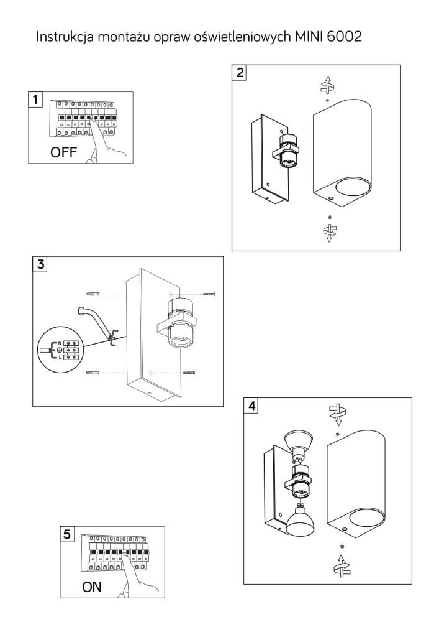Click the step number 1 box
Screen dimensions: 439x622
click(35, 99)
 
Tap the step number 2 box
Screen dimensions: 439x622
click(240, 73)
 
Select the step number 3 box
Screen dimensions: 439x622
click(40, 264)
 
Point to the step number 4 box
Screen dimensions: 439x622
click(251, 406)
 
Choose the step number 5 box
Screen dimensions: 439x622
click(67, 534)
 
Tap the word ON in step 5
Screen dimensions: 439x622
click(92, 587)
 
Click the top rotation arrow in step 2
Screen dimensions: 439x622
click(328, 85)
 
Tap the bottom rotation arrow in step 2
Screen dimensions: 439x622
click(329, 233)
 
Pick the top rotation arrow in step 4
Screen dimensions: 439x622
click(337, 414)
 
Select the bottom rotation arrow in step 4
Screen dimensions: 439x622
click(342, 567)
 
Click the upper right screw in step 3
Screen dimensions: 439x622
click(209, 294)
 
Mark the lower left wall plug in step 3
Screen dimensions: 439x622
click(92, 373)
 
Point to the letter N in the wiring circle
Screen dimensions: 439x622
click(60, 343)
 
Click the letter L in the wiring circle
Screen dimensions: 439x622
click(60, 358)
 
